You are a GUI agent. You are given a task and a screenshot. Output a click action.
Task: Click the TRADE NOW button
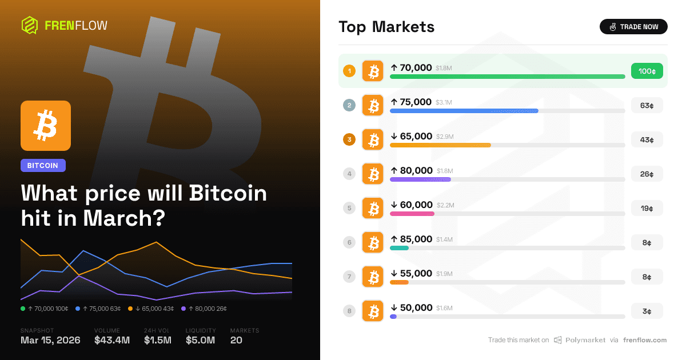633,27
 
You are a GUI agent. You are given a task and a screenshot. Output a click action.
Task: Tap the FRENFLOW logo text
75,25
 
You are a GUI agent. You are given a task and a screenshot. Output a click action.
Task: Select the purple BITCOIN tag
43,165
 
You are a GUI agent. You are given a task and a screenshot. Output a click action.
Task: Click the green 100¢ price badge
647,71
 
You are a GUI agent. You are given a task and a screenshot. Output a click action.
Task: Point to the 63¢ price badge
647,105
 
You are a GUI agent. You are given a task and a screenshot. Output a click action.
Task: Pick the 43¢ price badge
647,139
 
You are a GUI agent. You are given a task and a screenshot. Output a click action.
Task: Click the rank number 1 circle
349,71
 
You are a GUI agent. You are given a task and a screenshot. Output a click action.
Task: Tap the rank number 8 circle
349,311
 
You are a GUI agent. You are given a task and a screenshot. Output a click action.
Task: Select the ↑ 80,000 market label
412,170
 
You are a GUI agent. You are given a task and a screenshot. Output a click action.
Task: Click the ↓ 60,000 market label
412,205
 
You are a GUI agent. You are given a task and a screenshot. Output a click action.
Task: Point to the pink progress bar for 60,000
412,214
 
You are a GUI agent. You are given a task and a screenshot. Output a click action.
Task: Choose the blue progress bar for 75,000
464,111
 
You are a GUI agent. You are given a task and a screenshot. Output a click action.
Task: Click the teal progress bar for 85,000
399,248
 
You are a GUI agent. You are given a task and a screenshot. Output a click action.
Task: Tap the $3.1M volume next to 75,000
444,102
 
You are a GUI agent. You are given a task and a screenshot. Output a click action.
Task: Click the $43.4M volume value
111,341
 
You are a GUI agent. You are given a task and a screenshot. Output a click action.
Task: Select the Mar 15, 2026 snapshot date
50,341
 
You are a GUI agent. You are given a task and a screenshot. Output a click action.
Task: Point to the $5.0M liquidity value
200,341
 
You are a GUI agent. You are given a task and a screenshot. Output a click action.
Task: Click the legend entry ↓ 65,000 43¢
151,309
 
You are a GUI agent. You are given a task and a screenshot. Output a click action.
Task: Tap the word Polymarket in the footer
585,340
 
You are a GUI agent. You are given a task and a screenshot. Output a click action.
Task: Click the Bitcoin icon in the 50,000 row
373,311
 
